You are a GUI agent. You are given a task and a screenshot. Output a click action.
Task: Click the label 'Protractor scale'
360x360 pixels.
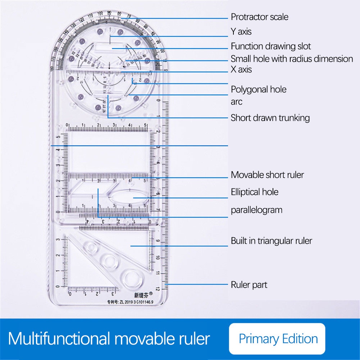point(259,17)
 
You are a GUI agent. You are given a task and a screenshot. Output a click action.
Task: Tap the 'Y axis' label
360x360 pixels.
point(241,32)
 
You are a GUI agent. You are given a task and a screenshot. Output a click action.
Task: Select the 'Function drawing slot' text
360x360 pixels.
point(270,46)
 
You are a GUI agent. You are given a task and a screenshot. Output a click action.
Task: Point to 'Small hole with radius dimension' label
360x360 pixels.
point(292,59)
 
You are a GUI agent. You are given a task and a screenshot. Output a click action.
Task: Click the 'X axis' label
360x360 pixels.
point(241,69)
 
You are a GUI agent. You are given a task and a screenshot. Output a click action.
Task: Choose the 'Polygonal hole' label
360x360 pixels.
point(259,89)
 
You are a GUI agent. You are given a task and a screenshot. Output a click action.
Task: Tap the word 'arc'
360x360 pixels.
point(237,102)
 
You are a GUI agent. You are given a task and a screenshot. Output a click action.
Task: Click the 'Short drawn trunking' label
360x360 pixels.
point(270,118)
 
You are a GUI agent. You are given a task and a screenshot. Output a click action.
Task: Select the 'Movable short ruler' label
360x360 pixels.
point(267,175)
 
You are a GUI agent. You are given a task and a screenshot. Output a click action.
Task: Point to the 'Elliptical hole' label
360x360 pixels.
point(255,192)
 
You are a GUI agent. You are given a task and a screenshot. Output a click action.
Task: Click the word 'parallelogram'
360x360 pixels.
point(256,210)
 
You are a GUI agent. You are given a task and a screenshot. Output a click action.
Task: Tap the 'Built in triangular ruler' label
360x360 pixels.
point(271,241)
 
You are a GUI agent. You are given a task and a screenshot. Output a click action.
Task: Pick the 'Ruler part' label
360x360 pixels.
point(249,285)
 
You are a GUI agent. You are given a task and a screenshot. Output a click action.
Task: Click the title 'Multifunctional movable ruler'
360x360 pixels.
point(109,339)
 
